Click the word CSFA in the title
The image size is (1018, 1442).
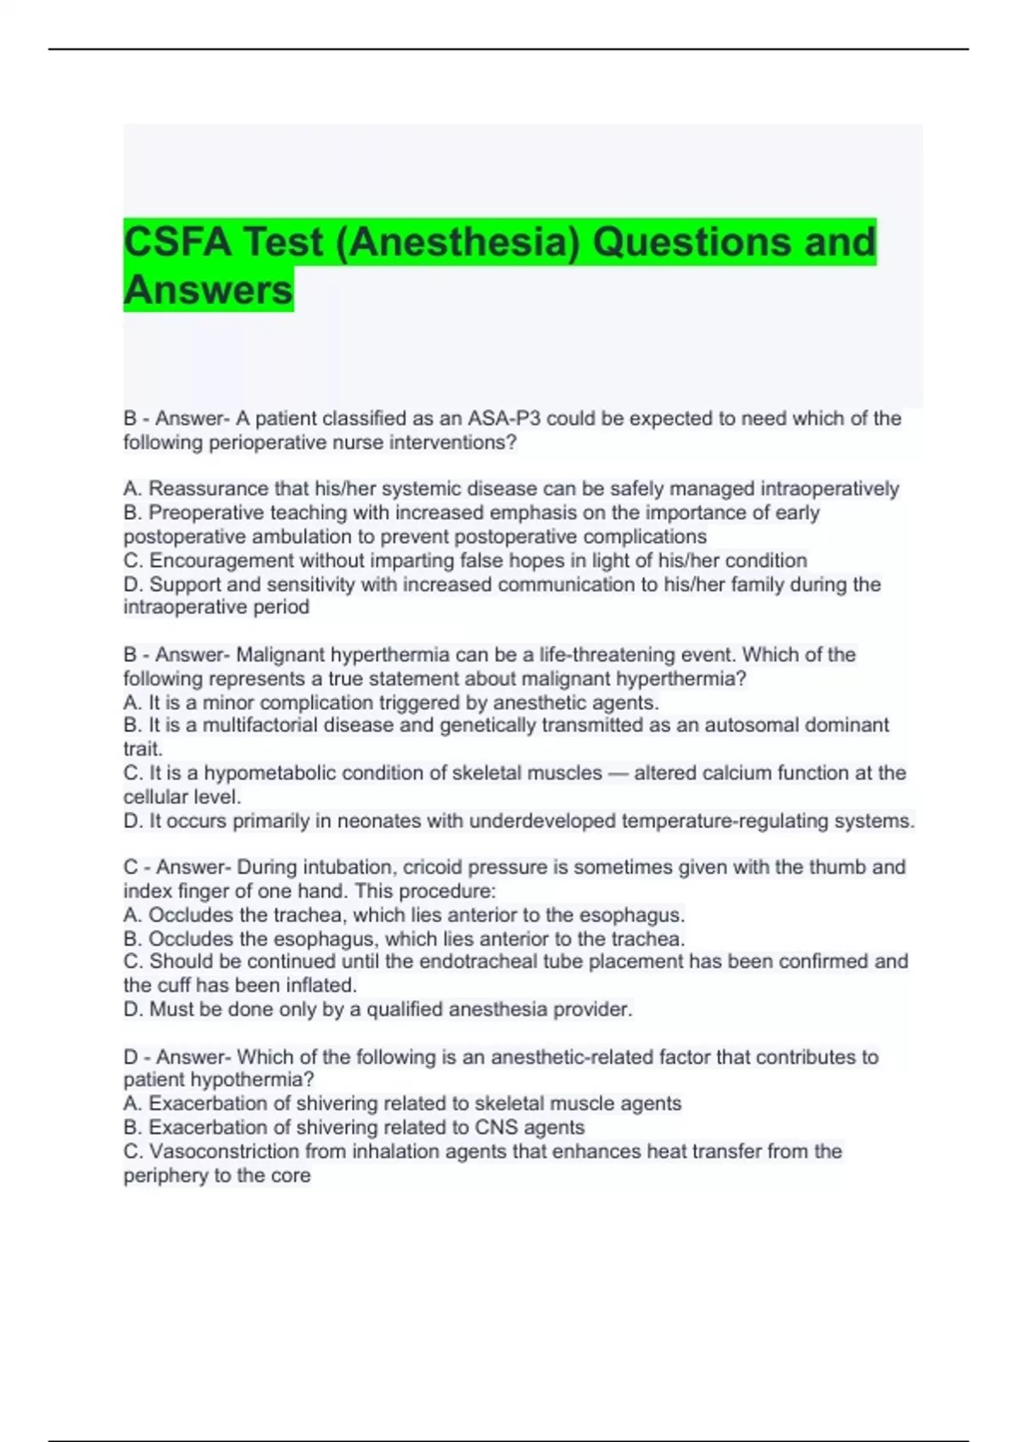(x=176, y=243)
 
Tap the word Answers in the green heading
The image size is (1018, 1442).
(x=208, y=290)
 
